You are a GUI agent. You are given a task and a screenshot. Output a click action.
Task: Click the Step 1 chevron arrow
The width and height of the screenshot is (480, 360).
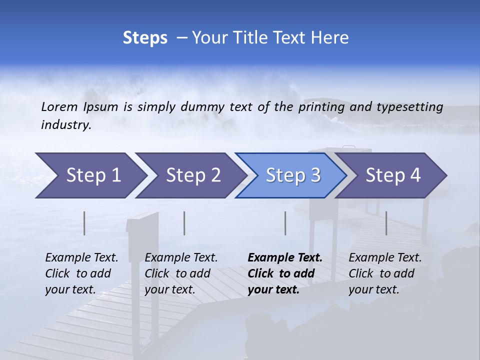coord(90,175)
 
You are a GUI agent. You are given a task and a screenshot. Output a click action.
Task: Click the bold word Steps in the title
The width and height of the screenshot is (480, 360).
coord(145,38)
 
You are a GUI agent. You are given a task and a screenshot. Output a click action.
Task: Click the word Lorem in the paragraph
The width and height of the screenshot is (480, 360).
coord(59,106)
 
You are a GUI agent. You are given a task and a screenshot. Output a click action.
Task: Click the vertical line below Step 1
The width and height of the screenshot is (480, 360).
coord(84,223)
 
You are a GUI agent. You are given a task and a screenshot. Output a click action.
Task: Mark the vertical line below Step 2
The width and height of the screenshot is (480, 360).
coord(184,223)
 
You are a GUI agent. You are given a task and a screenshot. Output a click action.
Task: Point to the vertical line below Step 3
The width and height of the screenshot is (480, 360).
coord(285,223)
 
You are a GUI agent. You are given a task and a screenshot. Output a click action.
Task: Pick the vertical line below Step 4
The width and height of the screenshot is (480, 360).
coord(386,223)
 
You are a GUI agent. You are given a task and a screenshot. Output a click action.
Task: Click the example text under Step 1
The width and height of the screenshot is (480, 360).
coord(81,273)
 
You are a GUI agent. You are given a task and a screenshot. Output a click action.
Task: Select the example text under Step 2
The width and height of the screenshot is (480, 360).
coord(180,273)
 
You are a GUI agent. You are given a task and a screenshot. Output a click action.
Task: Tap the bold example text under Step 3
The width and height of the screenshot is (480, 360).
coord(284,273)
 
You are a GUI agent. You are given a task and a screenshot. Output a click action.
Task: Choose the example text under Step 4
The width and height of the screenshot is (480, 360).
coord(384,273)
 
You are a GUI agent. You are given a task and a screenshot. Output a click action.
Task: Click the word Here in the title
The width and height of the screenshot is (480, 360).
coord(329,38)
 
